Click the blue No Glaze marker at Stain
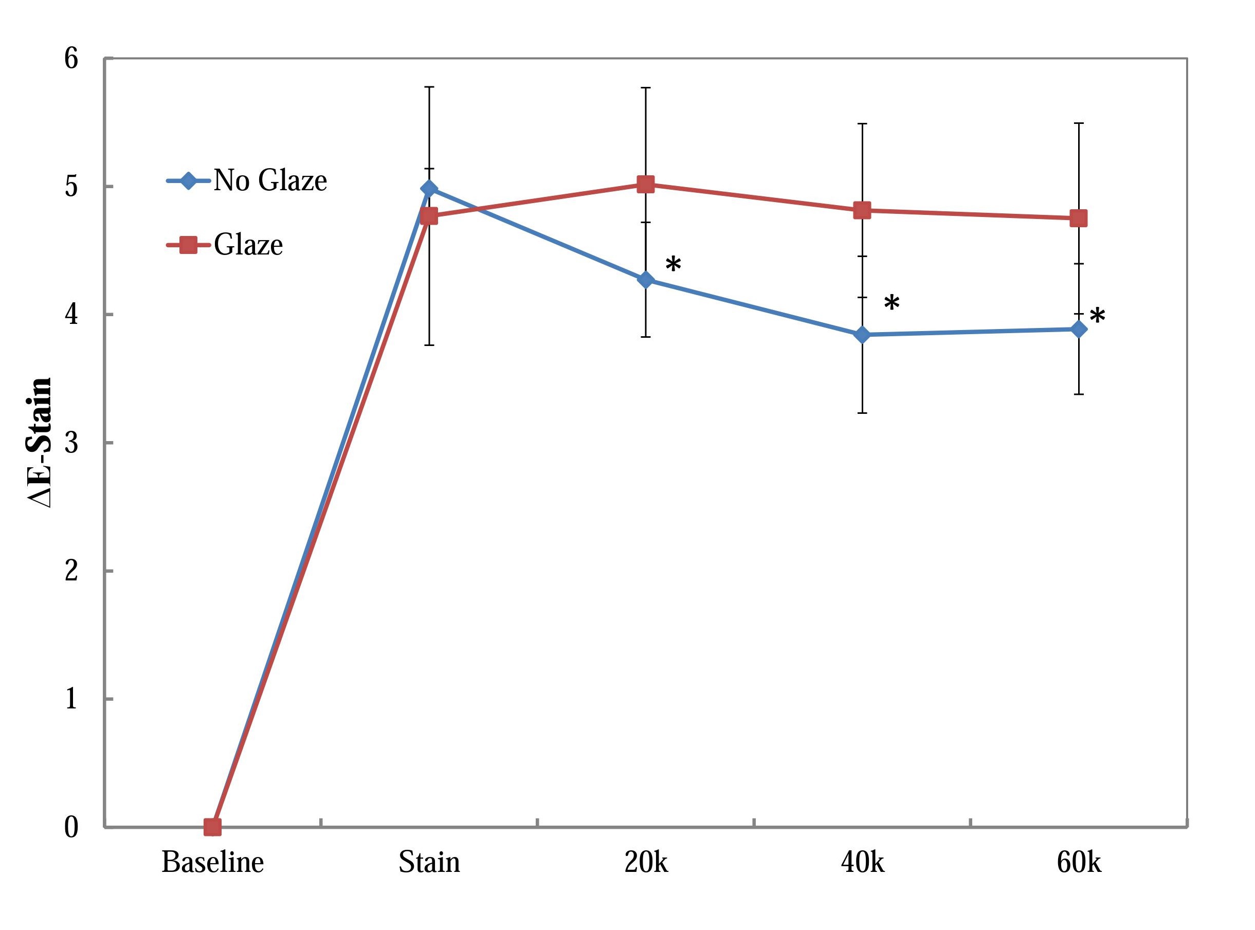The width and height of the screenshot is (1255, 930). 429,188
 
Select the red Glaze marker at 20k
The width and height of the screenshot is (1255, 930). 645,184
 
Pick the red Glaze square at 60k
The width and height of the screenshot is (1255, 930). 1078,218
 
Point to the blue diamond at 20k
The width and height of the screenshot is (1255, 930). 645,280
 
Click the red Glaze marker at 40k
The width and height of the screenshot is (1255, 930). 862,211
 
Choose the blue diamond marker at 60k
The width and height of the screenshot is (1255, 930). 1078,330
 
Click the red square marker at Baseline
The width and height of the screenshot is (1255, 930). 212,827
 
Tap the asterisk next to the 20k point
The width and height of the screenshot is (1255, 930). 673,265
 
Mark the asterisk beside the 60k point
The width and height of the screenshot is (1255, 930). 1097,316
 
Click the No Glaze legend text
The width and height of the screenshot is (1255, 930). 270,181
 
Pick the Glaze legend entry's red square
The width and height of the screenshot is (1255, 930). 188,244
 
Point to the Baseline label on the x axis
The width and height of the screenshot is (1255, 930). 212,863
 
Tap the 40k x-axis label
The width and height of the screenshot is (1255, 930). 862,863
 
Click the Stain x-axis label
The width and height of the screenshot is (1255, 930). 429,863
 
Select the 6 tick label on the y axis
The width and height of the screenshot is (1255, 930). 71,58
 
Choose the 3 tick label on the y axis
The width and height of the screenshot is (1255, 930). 71,443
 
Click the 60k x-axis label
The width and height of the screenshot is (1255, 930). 1078,863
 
